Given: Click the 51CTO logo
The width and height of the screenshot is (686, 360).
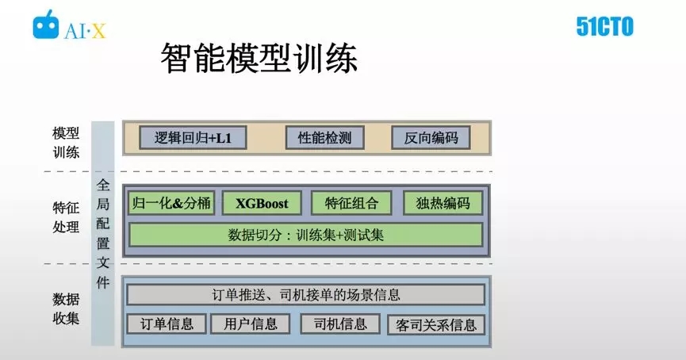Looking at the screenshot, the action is [x=604, y=27].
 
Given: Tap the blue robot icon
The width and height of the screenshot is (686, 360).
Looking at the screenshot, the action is [x=45, y=25].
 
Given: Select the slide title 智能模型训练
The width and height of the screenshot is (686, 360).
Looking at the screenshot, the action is [x=259, y=58].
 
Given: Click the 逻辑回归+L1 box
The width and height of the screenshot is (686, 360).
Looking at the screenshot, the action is [x=193, y=138].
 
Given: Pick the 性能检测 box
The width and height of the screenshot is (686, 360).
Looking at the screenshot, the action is [x=324, y=138].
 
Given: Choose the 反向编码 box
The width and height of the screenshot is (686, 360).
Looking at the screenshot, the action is [x=431, y=138].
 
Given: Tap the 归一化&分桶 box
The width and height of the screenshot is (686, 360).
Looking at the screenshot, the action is [x=171, y=203].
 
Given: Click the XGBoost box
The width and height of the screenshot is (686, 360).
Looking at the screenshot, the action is [x=262, y=203].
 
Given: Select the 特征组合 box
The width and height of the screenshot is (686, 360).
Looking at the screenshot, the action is [x=351, y=203].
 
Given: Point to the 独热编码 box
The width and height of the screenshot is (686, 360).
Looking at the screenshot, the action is [x=443, y=203].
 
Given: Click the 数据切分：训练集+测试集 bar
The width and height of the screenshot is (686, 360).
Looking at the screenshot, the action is [x=306, y=235].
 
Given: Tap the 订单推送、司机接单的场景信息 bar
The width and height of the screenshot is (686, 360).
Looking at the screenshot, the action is [x=306, y=295].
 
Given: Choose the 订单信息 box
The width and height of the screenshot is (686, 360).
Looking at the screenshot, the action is [x=167, y=324].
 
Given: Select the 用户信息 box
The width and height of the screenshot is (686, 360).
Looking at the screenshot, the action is [x=251, y=324].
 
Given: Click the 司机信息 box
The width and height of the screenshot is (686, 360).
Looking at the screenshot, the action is [x=340, y=324].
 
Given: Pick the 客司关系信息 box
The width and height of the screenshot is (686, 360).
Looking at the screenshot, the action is [x=436, y=324].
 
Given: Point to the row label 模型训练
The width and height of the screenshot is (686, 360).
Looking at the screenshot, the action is [x=66, y=143].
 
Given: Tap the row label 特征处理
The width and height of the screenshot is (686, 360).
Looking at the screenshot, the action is [x=66, y=217].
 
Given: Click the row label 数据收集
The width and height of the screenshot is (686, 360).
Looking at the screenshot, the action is [x=66, y=308].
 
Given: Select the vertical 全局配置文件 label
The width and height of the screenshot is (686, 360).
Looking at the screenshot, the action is [x=103, y=234].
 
